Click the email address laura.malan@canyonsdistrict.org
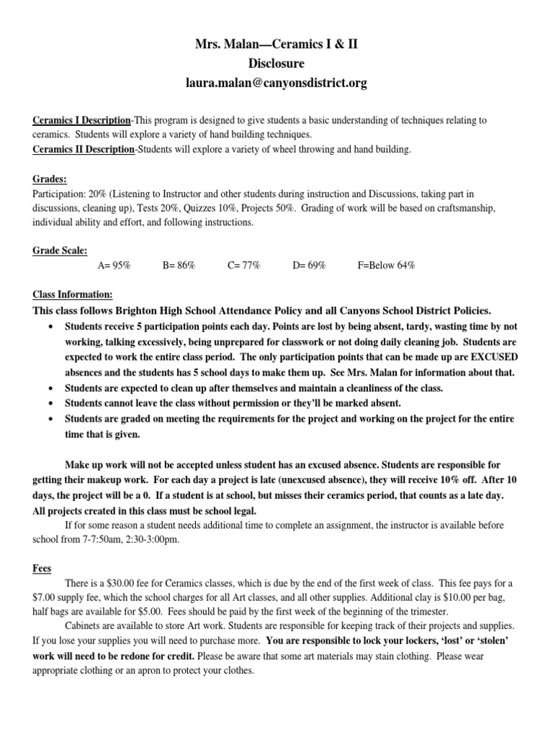tap(276, 83)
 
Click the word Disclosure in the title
tap(276, 64)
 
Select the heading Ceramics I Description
tap(81, 119)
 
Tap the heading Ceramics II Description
tap(83, 149)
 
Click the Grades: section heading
tap(48, 178)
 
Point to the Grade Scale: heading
tap(60, 250)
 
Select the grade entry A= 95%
tap(114, 266)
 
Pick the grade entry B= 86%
tap(179, 266)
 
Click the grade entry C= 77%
tap(243, 266)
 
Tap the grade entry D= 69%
tap(309, 266)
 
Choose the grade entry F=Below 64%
tap(386, 266)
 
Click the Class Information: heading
tap(73, 295)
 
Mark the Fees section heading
tap(42, 567)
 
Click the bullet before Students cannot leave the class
tap(50, 402)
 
